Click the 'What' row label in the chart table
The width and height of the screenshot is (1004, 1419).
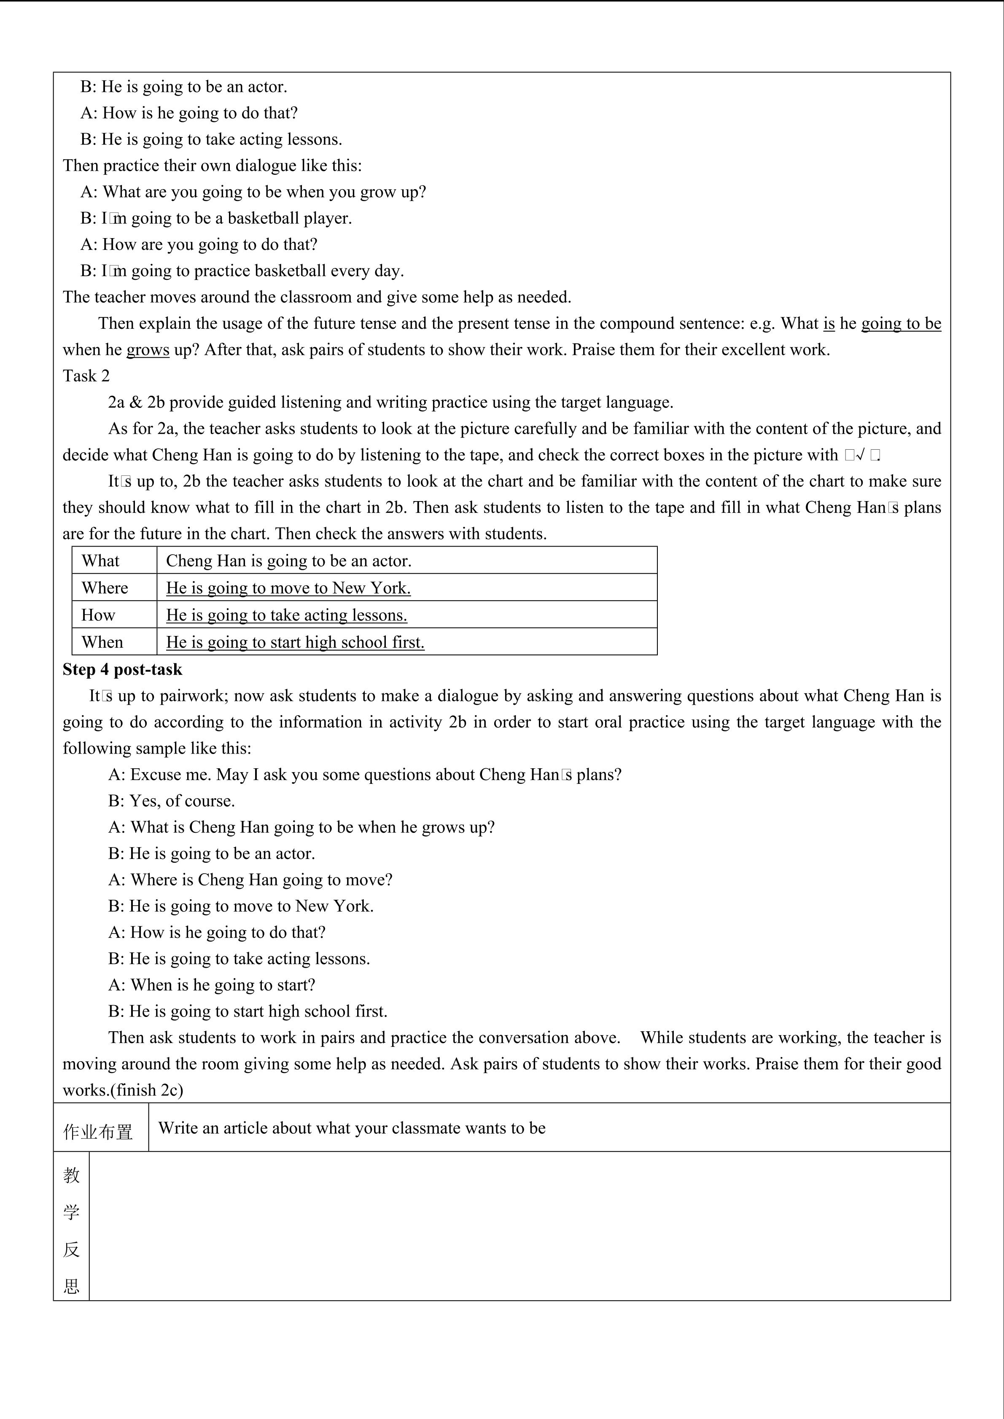pyautogui.click(x=100, y=561)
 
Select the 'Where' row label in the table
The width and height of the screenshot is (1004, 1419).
pyautogui.click(x=105, y=588)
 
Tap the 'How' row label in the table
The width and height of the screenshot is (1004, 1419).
pyautogui.click(x=98, y=615)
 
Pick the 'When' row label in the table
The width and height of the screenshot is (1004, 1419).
pyautogui.click(x=102, y=642)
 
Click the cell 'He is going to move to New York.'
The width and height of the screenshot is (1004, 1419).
pyautogui.click(x=288, y=588)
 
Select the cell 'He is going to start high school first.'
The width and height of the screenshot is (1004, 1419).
pyautogui.click(x=295, y=642)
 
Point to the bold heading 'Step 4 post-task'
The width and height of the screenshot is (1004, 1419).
pyautogui.click(x=122, y=669)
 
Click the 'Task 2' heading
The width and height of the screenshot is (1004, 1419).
pyautogui.click(x=86, y=376)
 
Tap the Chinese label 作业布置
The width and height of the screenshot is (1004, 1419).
pyautogui.click(x=98, y=1132)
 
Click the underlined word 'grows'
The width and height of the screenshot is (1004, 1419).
pyautogui.click(x=148, y=350)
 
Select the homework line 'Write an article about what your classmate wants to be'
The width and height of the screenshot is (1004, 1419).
pyautogui.click(x=352, y=1128)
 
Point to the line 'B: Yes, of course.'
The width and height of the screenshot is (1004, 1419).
pyautogui.click(x=171, y=801)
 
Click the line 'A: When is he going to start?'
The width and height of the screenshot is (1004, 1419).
pyautogui.click(x=211, y=984)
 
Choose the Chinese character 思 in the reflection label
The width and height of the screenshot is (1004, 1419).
pyautogui.click(x=71, y=1287)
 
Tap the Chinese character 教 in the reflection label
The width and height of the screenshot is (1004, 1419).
pyautogui.click(x=71, y=1175)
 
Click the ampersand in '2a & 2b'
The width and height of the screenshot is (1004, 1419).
pyautogui.click(x=136, y=402)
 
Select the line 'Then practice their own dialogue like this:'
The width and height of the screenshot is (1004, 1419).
pyautogui.click(x=212, y=166)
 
